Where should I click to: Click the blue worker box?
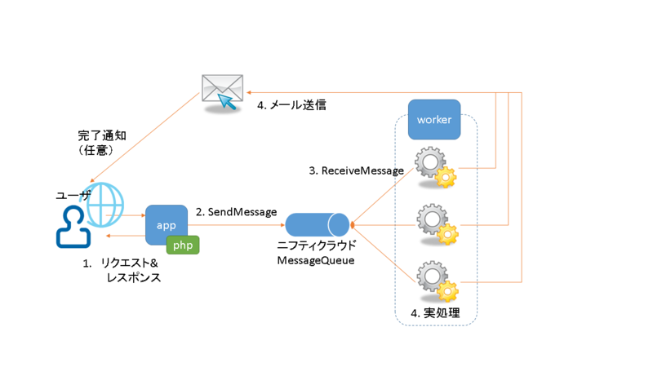[434, 120]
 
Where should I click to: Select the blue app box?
[167, 224]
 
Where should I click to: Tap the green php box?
[183, 245]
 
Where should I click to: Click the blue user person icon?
[73, 227]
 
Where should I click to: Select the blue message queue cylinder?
[318, 224]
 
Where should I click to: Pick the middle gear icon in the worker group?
[435, 223]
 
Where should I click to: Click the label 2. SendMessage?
[236, 211]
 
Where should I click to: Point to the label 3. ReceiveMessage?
[356, 170]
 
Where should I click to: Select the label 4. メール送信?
[291, 105]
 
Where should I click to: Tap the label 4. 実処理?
[435, 313]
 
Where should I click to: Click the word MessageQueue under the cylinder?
[318, 259]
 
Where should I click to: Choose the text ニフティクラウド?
[318, 245]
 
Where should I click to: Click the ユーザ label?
[73, 196]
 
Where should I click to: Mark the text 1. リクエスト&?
[120, 263]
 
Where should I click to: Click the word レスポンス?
[134, 277]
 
